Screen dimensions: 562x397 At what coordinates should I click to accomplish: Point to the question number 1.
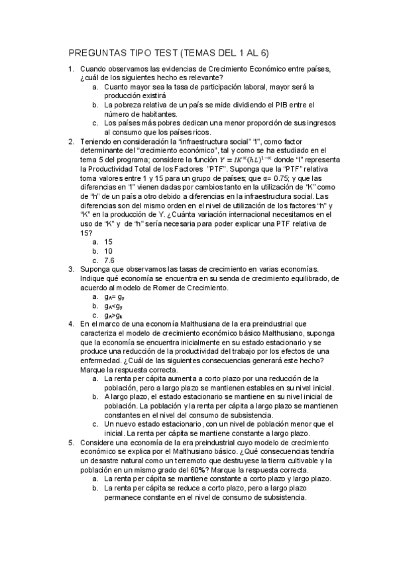71,69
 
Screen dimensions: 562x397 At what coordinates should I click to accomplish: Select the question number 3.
71,269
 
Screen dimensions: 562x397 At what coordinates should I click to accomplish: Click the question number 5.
71,441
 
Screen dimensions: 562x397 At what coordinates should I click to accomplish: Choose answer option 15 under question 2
109,243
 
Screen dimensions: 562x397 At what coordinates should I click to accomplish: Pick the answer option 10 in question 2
109,251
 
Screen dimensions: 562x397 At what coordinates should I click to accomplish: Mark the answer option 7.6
110,260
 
